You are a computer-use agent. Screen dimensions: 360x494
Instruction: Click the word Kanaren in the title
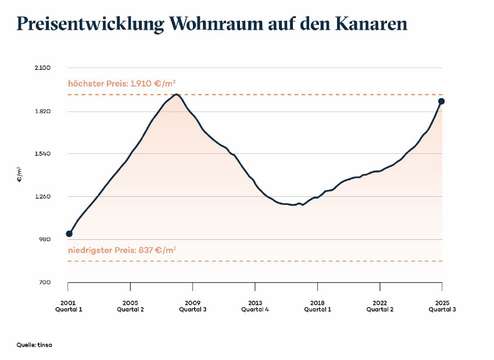pyautogui.click(x=371, y=24)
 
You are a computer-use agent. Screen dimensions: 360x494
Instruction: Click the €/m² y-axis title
pyautogui.click(x=19, y=174)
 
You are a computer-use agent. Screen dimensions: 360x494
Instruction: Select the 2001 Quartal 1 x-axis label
pyautogui.click(x=68, y=306)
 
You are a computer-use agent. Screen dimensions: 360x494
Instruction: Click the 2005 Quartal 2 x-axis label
pyautogui.click(x=130, y=306)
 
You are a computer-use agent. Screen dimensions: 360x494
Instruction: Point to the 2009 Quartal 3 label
pyautogui.click(x=192, y=306)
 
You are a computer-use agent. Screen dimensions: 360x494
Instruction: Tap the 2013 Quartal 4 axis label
pyautogui.click(x=255, y=306)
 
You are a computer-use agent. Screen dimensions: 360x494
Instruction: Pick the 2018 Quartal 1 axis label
pyautogui.click(x=317, y=306)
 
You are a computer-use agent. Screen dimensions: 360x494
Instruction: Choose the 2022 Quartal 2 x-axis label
pyautogui.click(x=380, y=306)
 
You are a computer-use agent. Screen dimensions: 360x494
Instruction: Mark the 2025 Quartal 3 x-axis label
pyautogui.click(x=442, y=306)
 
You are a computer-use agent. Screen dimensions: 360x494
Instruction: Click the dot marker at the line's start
pyautogui.click(x=69, y=233)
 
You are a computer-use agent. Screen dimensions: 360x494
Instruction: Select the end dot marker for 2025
pyautogui.click(x=442, y=102)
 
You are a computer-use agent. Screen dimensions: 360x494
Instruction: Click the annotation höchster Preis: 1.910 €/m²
pyautogui.click(x=122, y=84)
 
